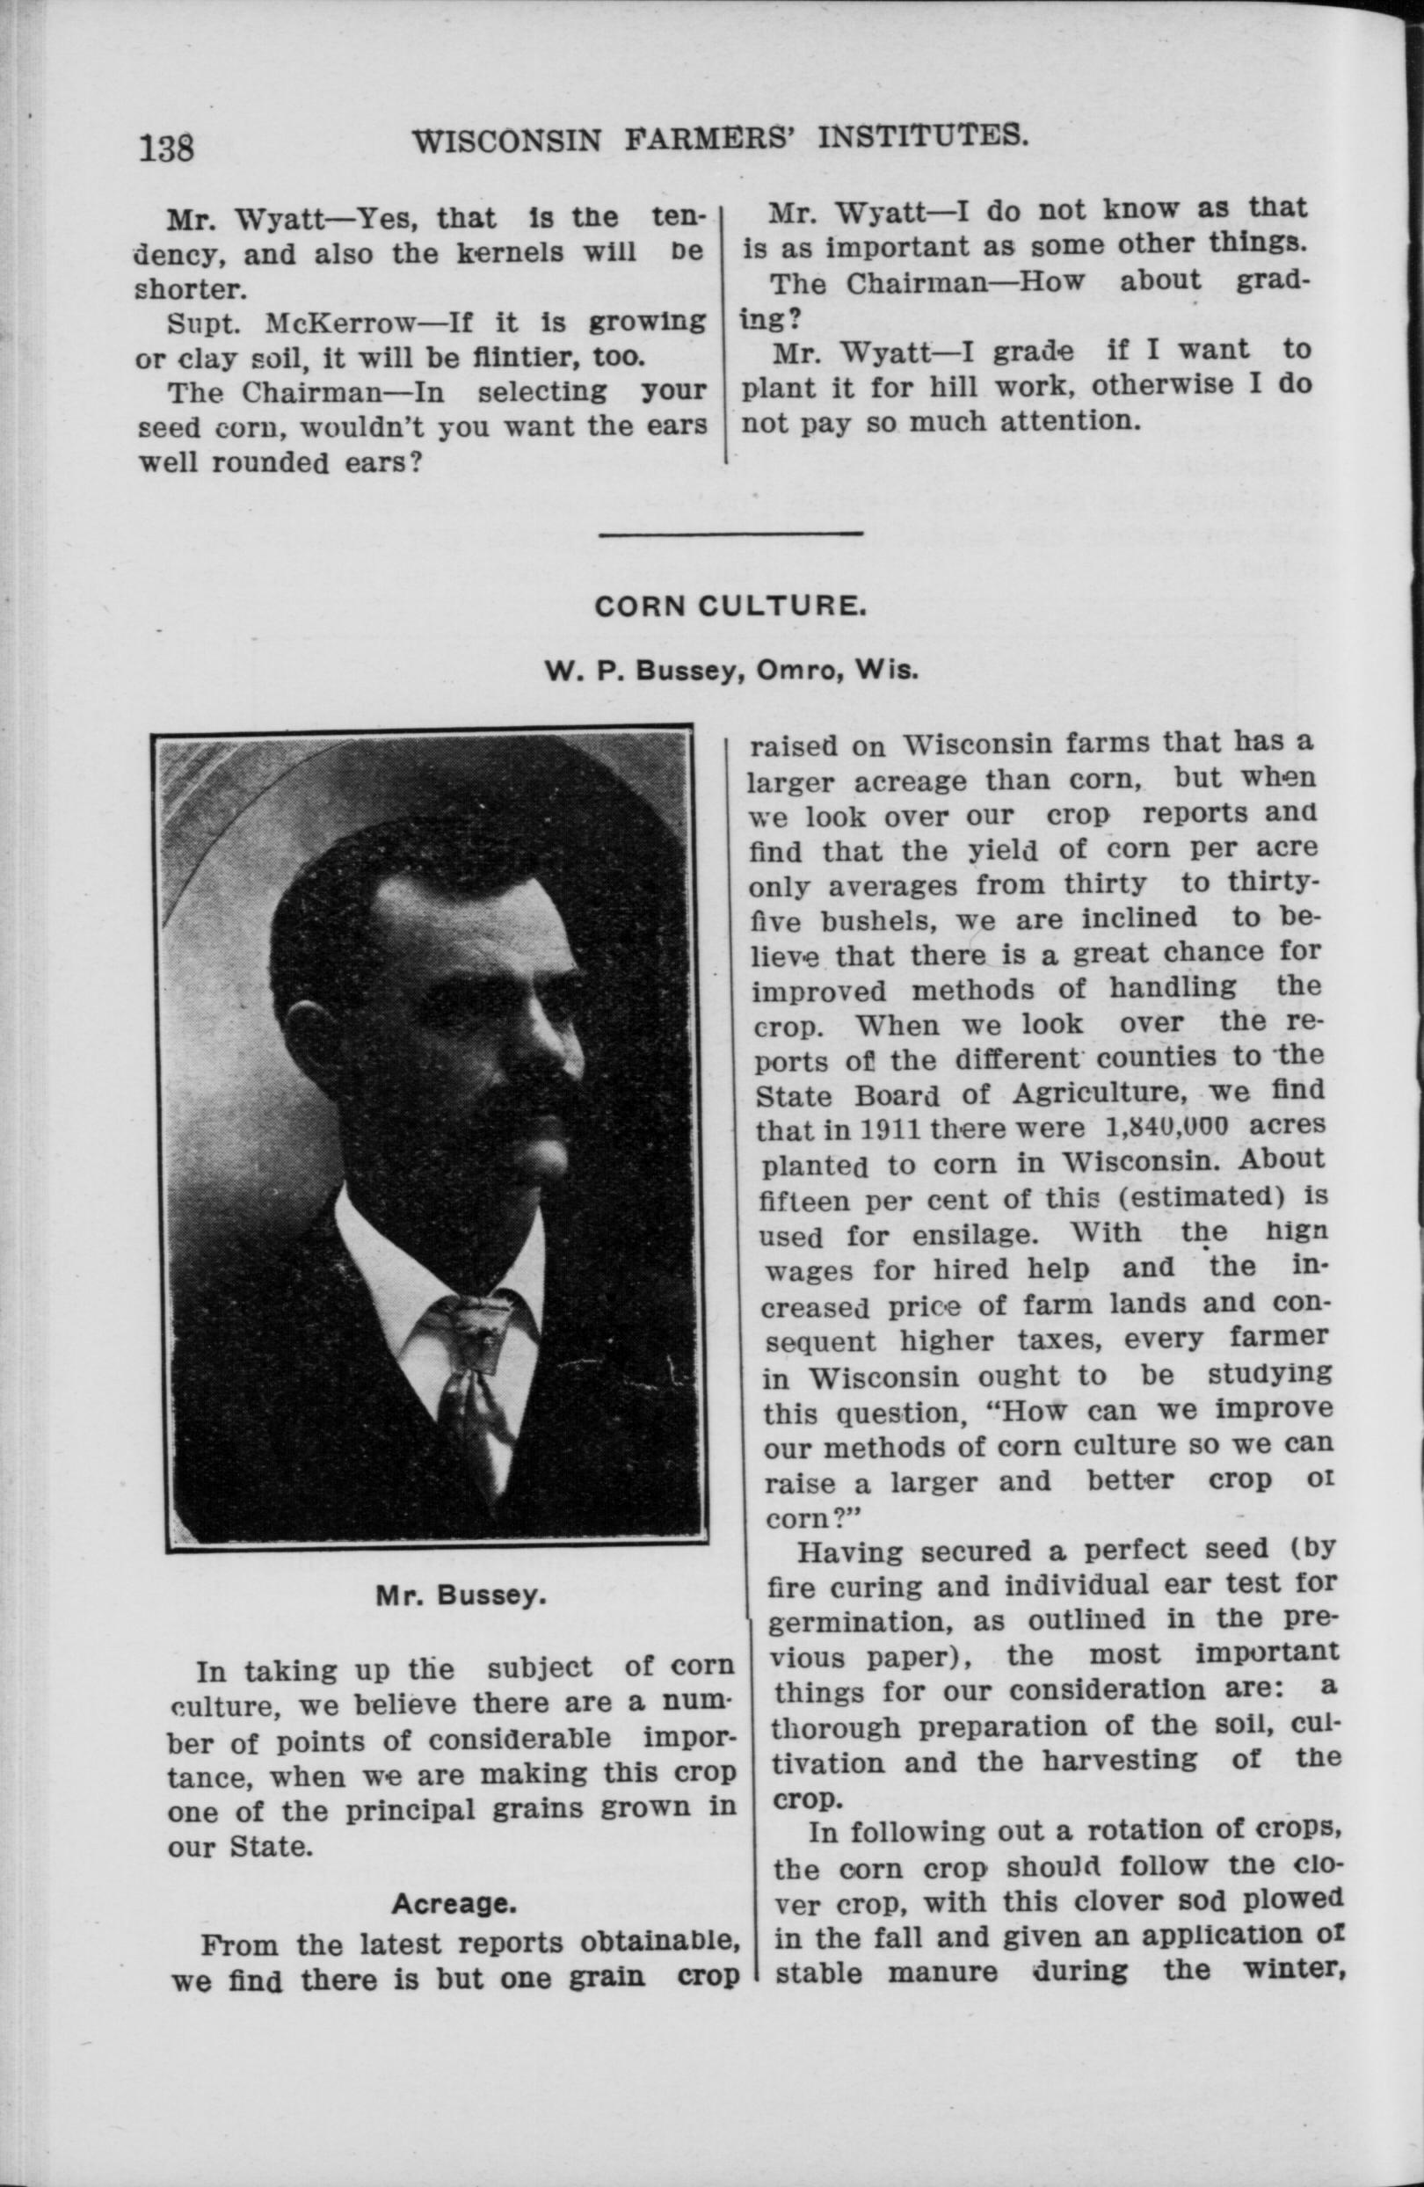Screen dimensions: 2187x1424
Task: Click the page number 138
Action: [166, 147]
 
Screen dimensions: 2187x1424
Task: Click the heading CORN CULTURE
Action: [727, 607]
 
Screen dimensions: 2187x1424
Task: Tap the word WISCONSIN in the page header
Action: [506, 142]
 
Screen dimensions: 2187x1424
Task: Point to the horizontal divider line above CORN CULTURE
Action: [730, 532]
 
